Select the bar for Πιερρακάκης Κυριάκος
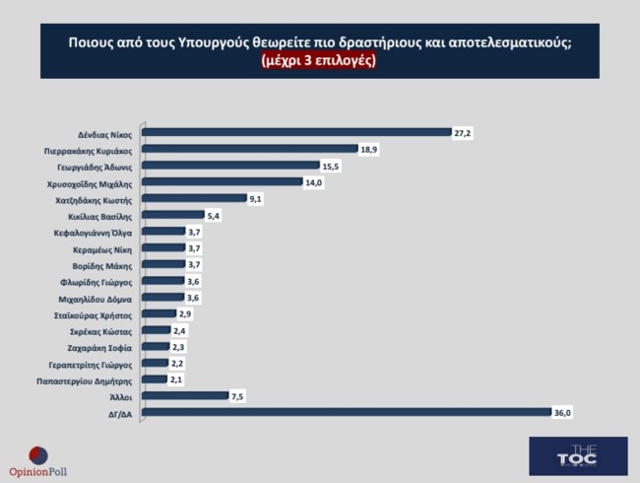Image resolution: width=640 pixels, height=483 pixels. (250, 149)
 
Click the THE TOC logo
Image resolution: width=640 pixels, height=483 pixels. (577, 456)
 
